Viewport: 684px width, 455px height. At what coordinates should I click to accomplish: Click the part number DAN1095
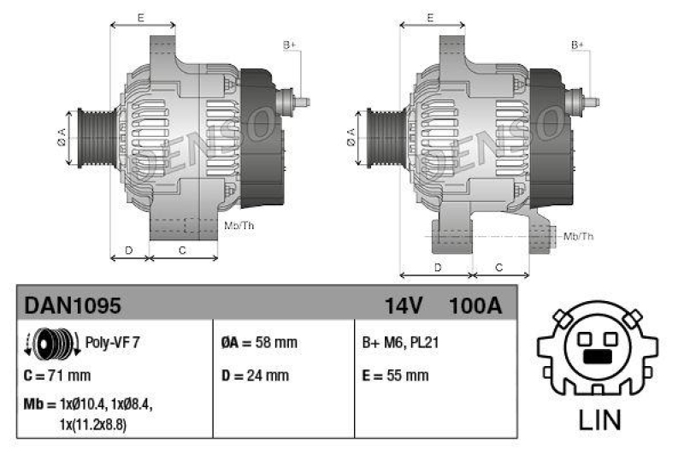pyautogui.click(x=73, y=305)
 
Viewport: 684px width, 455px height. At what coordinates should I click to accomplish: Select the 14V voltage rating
pyautogui.click(x=404, y=305)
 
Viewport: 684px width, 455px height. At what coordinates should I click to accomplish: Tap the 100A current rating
pyautogui.click(x=475, y=305)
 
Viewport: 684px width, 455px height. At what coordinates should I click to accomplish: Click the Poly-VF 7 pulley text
pyautogui.click(x=113, y=342)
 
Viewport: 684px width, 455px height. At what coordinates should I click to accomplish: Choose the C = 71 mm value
pyautogui.click(x=57, y=375)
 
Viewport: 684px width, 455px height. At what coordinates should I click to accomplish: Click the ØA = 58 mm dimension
pyautogui.click(x=259, y=343)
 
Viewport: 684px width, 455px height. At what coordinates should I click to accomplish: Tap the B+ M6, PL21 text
pyautogui.click(x=402, y=343)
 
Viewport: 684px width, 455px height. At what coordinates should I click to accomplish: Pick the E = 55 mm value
pyautogui.click(x=396, y=375)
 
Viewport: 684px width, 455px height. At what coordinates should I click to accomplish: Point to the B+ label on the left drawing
pyautogui.click(x=289, y=44)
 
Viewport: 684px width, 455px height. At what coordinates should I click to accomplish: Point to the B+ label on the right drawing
pyautogui.click(x=578, y=44)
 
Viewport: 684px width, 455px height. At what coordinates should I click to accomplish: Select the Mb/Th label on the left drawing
pyautogui.click(x=239, y=226)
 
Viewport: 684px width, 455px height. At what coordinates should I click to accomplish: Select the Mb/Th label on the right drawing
pyautogui.click(x=579, y=236)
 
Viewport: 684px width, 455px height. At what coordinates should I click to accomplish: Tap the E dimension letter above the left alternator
pyautogui.click(x=141, y=16)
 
